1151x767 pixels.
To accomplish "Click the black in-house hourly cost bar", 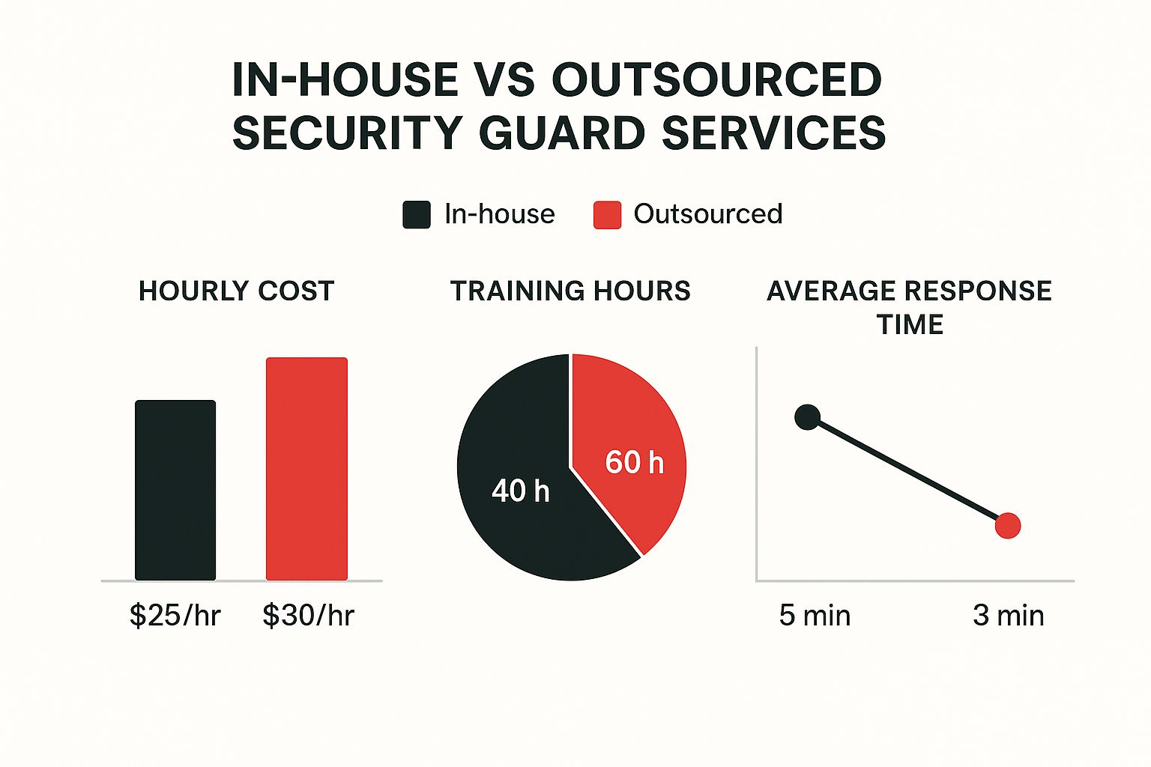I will pyautogui.click(x=175, y=491).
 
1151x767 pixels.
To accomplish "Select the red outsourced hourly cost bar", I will pyautogui.click(x=306, y=469).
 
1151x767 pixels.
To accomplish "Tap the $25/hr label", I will pyautogui.click(x=175, y=616).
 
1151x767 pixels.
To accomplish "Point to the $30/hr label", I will pyautogui.click(x=308, y=616).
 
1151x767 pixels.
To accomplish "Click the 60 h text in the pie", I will pyautogui.click(x=634, y=463).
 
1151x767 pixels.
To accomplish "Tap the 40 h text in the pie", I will pyautogui.click(x=521, y=491).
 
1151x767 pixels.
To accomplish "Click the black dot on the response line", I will pyautogui.click(x=807, y=417).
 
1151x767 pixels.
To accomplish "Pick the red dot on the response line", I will pyautogui.click(x=1008, y=526).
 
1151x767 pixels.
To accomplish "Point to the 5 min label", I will pyautogui.click(x=815, y=616).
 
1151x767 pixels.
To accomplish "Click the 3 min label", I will pyautogui.click(x=1009, y=616).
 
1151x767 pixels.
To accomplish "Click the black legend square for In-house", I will pyautogui.click(x=417, y=215).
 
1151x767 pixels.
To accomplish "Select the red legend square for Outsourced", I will pyautogui.click(x=607, y=215).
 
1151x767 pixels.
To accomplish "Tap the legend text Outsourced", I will pyautogui.click(x=708, y=214).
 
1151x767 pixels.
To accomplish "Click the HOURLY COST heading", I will pyautogui.click(x=236, y=291).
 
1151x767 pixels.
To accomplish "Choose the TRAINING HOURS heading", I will pyautogui.click(x=570, y=291).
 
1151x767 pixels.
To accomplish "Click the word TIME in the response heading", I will pyautogui.click(x=910, y=325).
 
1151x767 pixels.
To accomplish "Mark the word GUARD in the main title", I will pyautogui.click(x=561, y=133).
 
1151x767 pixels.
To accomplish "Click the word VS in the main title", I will pyautogui.click(x=504, y=79).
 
